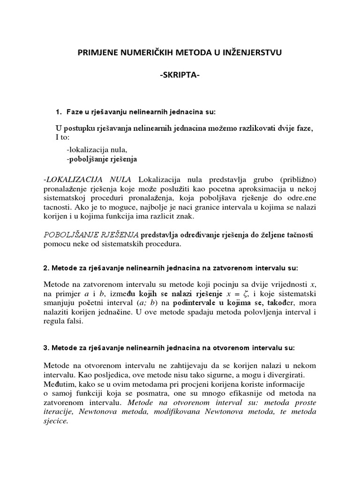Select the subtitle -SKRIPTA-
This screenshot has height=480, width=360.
(180, 76)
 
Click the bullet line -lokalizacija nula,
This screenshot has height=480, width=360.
(97, 150)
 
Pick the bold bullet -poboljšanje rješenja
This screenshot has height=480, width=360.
(102, 159)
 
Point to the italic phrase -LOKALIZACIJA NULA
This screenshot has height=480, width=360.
(88, 180)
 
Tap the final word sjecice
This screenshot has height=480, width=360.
(55, 421)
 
